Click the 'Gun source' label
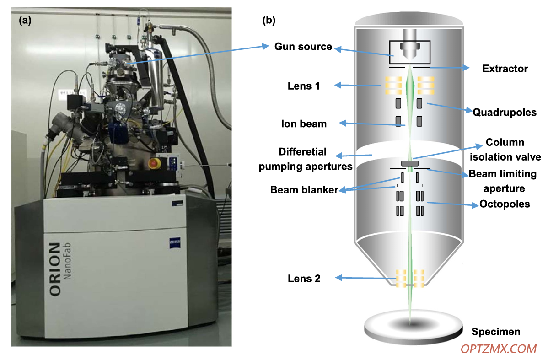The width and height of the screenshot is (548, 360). click(303, 47)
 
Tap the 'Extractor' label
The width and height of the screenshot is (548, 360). click(505, 69)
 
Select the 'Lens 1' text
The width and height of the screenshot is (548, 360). click(304, 86)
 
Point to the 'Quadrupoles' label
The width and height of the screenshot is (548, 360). click(504, 112)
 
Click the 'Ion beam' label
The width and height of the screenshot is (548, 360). click(304, 124)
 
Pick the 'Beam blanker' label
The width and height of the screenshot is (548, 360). click(304, 190)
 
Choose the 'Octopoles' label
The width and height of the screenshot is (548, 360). click(504, 204)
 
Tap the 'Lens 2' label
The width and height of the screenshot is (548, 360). click(304, 279)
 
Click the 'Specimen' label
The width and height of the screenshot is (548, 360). click(495, 331)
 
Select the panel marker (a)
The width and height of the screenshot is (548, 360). click(25, 20)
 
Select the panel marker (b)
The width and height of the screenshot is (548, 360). click(269, 20)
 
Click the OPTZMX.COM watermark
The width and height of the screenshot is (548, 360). click(499, 349)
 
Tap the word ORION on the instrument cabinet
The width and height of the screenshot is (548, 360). click(55, 269)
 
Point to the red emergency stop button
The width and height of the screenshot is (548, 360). click(154, 163)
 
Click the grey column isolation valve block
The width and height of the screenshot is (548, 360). click(409, 163)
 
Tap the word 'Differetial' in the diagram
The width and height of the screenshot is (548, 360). click(303, 152)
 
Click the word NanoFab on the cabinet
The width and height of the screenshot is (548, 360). click(67, 261)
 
